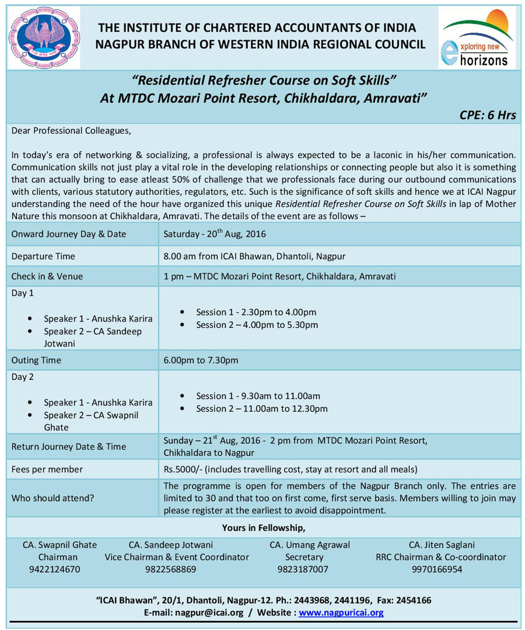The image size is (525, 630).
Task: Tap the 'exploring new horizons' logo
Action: [x=477, y=38]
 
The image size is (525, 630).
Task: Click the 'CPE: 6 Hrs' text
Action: [x=488, y=115]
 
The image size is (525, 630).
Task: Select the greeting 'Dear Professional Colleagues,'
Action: [x=72, y=131]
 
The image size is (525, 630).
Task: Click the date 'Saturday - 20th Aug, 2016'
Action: [x=215, y=234]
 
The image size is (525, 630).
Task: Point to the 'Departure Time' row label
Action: [x=43, y=256]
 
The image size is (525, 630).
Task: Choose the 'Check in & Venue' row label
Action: [x=47, y=276]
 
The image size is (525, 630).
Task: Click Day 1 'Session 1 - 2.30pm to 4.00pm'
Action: [x=256, y=312]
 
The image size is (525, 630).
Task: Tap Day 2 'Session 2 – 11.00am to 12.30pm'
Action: [x=262, y=408]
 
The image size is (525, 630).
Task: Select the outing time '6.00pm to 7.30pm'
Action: [x=201, y=360]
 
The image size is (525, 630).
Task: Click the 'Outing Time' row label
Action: [x=36, y=360]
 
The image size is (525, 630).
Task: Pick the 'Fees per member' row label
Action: [x=47, y=469]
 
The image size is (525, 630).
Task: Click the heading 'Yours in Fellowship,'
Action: [x=264, y=528]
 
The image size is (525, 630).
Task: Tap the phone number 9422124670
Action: [x=54, y=569]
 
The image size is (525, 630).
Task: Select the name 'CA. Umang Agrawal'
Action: [x=310, y=545]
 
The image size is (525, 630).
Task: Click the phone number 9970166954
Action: [x=437, y=569]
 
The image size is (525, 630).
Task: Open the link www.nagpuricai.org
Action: [x=341, y=612]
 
